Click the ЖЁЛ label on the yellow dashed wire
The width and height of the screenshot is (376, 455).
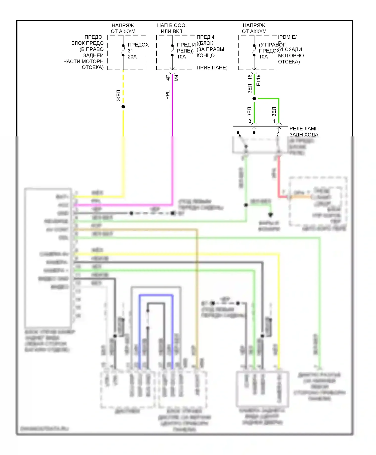(x=119, y=96)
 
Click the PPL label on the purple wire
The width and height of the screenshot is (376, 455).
(x=168, y=95)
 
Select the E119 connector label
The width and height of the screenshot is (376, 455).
(x=259, y=80)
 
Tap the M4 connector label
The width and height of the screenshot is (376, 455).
(x=176, y=78)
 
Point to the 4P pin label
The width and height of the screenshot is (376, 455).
(x=168, y=78)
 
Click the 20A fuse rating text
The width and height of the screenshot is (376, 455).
(x=132, y=57)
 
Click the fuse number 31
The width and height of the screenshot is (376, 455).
(x=130, y=51)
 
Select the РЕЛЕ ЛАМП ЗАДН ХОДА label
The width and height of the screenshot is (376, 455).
(x=304, y=131)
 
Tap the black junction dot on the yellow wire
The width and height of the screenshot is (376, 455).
(x=123, y=107)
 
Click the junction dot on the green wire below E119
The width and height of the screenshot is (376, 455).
(x=254, y=99)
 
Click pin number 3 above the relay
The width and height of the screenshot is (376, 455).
(x=250, y=121)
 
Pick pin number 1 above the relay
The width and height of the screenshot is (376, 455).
(x=274, y=121)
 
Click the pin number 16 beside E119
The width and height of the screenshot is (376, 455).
(x=250, y=77)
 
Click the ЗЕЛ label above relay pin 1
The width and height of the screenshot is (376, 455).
(x=274, y=112)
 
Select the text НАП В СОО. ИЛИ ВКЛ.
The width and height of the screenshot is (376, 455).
(x=172, y=28)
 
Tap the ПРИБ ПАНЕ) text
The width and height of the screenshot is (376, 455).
(x=212, y=68)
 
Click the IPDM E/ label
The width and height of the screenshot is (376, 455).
(x=287, y=37)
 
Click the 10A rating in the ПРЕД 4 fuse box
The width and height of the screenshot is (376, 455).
(x=181, y=57)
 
